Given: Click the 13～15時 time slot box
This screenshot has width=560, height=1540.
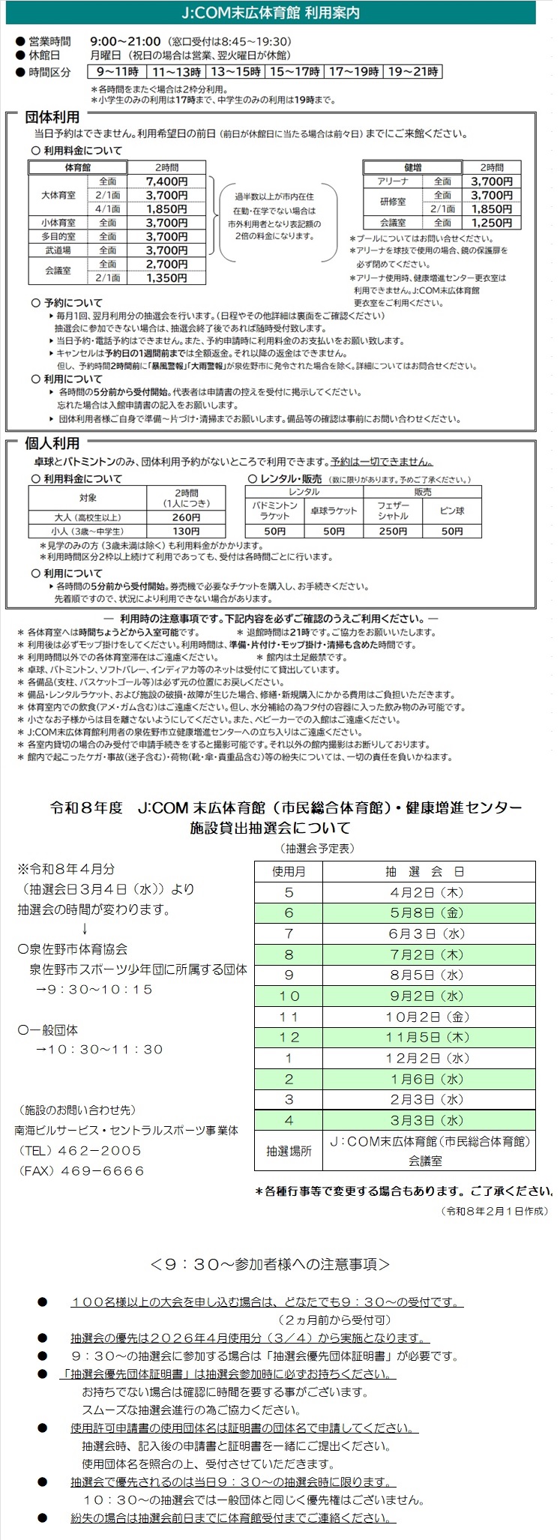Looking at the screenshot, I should [235, 72].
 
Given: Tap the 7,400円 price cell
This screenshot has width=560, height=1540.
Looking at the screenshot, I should [166, 181].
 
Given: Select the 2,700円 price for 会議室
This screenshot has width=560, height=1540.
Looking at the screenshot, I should [166, 264].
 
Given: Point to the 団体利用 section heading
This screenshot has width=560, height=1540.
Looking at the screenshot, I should [52, 118].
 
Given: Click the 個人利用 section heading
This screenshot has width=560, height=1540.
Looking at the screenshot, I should [52, 443].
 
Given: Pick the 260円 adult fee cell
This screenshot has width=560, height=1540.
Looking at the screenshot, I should [186, 517].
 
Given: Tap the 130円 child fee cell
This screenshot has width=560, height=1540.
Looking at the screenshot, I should [186, 531].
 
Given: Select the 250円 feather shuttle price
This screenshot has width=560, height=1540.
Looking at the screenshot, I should [393, 531].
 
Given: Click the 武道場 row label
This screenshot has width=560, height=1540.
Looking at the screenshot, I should [58, 250].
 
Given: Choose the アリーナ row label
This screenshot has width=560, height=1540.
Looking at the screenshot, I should [393, 181].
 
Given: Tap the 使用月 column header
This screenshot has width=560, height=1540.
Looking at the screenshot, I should [289, 871].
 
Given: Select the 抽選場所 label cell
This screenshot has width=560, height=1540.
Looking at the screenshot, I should [289, 1150].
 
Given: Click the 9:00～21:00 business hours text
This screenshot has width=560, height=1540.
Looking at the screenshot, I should [124, 41].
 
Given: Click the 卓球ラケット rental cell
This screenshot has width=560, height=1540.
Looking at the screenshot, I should [334, 511].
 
